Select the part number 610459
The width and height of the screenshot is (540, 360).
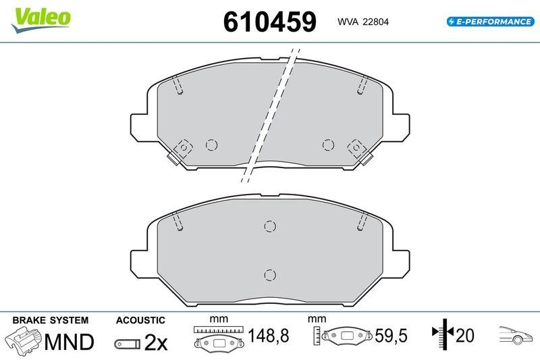(x=269, y=22)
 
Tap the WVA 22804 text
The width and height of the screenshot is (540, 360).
(x=363, y=22)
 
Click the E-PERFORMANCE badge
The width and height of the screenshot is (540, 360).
(x=491, y=22)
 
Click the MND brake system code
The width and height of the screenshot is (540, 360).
(x=69, y=342)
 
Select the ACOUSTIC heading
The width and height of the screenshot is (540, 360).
(x=140, y=320)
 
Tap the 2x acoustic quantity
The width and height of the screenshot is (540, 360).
(x=156, y=342)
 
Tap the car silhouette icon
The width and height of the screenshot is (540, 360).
(x=517, y=335)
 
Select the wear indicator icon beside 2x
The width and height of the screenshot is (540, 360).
(x=128, y=344)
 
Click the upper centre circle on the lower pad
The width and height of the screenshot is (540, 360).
(x=269, y=226)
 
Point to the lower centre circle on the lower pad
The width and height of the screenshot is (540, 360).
(x=269, y=274)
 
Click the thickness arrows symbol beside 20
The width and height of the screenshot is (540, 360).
(x=441, y=334)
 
